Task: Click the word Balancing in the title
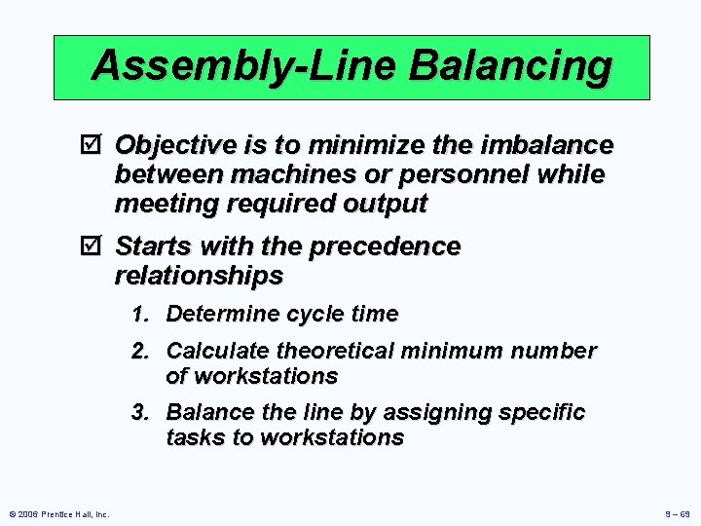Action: (x=511, y=67)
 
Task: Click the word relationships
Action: (x=199, y=277)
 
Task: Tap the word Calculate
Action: (x=218, y=351)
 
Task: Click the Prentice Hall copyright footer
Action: (x=59, y=513)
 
